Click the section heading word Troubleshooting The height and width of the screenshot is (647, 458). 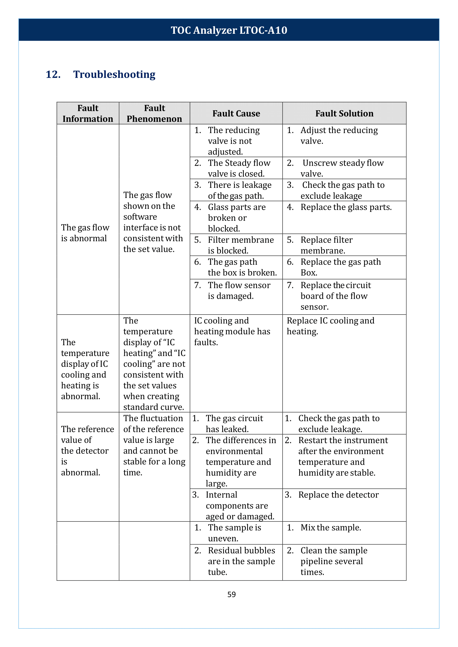(x=114, y=74)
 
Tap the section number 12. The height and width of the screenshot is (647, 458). (x=53, y=74)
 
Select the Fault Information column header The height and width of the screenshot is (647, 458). (x=88, y=113)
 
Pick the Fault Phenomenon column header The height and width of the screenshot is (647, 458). (x=154, y=113)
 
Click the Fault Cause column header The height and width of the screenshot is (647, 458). (x=236, y=113)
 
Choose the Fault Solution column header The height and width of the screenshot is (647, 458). (x=344, y=113)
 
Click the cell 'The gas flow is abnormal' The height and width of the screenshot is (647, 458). (x=85, y=233)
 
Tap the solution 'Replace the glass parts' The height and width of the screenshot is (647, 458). (x=346, y=207)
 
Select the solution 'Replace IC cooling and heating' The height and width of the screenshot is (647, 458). (x=330, y=326)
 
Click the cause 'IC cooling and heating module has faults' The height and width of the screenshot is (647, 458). (x=232, y=331)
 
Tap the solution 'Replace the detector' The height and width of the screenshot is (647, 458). (x=338, y=495)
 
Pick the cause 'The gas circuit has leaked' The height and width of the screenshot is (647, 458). (x=234, y=423)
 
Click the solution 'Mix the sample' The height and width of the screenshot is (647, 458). (x=330, y=528)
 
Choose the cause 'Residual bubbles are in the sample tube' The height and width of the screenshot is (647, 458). (x=241, y=561)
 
